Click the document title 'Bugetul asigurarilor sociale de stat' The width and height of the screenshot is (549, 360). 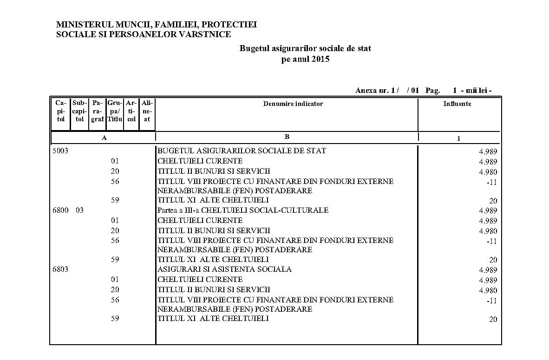pyautogui.click(x=305, y=48)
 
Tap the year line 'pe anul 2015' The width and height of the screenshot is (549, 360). pyautogui.click(x=305, y=59)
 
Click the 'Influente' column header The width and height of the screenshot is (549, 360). pyautogui.click(x=457, y=104)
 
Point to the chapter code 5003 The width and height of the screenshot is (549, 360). pyautogui.click(x=60, y=151)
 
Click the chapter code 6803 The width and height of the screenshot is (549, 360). pyautogui.click(x=60, y=269)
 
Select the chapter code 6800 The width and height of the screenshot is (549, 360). pyautogui.click(x=60, y=210)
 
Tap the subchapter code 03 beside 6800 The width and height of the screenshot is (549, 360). pyautogui.click(x=80, y=210)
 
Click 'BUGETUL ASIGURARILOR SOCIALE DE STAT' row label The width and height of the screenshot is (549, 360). pyautogui.click(x=242, y=151)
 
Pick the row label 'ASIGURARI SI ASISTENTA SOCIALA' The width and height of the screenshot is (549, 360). pyautogui.click(x=224, y=269)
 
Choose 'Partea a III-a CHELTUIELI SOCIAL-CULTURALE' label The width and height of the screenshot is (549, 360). pyautogui.click(x=242, y=210)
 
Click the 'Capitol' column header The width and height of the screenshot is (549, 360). pyautogui.click(x=61, y=111)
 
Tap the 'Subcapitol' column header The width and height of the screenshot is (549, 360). pyautogui.click(x=80, y=111)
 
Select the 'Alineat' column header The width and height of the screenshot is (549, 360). pyautogui.click(x=147, y=111)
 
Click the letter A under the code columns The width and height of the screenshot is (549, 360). pyautogui.click(x=104, y=138)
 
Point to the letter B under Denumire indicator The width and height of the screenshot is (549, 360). pyautogui.click(x=287, y=137)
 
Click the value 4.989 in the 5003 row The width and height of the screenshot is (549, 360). pyautogui.click(x=488, y=152)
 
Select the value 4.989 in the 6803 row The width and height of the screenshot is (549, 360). pyautogui.click(x=488, y=270)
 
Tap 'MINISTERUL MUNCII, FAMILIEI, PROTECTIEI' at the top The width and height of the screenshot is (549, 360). pyautogui.click(x=156, y=24)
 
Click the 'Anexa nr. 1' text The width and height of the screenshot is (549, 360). pyautogui.click(x=377, y=91)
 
